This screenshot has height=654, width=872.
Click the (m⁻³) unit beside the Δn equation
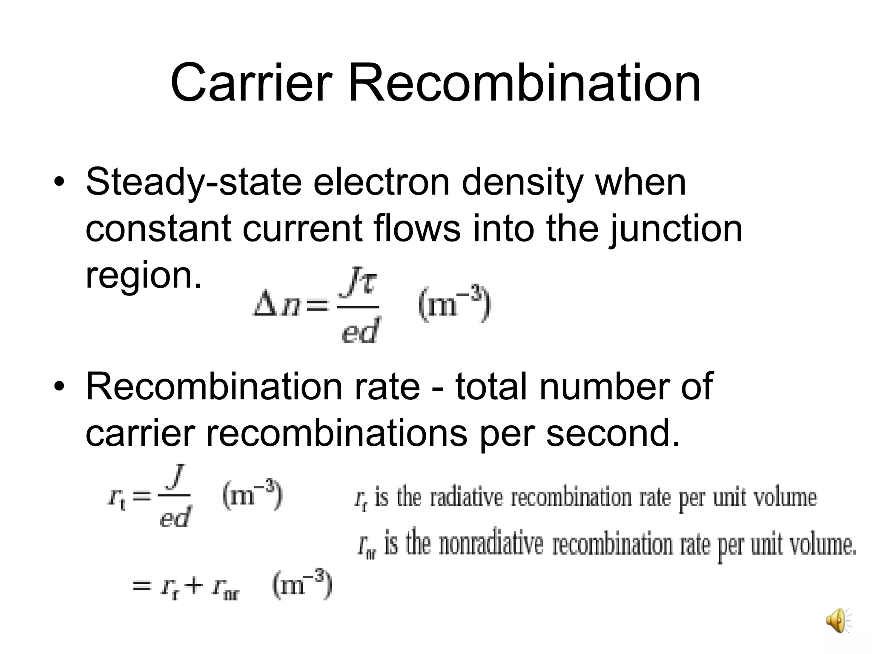(x=455, y=305)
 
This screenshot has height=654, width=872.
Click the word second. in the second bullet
(x=613, y=433)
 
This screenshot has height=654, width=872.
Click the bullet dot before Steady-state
(x=60, y=184)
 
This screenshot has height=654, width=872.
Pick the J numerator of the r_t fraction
(x=175, y=479)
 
